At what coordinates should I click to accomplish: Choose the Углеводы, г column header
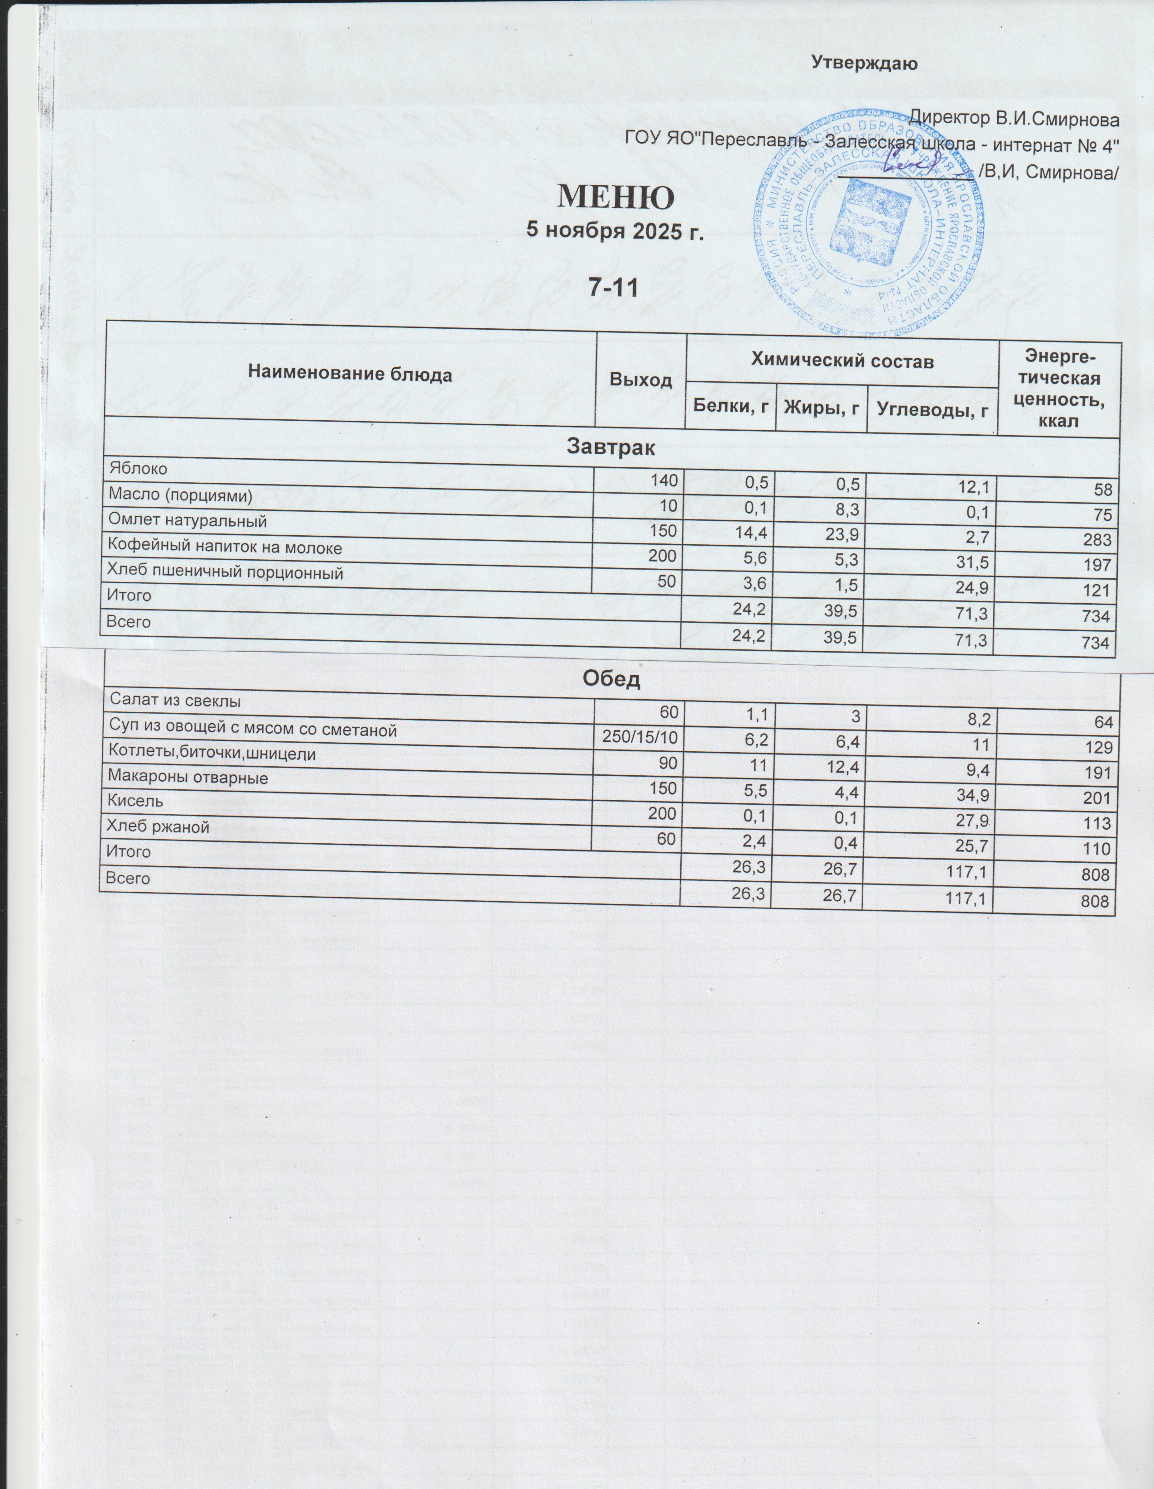tap(933, 409)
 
